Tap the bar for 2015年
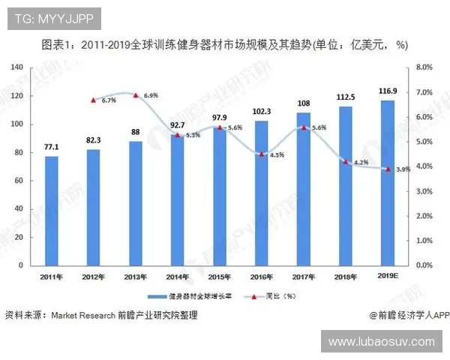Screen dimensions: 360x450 coord(219,196)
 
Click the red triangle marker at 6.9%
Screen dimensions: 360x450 coord(135,95)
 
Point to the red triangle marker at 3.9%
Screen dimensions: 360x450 coord(388,169)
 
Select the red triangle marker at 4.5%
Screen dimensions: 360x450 coord(262,154)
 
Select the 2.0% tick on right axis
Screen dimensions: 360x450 coord(424,216)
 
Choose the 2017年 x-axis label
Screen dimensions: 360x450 coord(304,277)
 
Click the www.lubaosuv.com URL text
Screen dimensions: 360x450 coord(382,341)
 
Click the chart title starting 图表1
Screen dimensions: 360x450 coord(224,44)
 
